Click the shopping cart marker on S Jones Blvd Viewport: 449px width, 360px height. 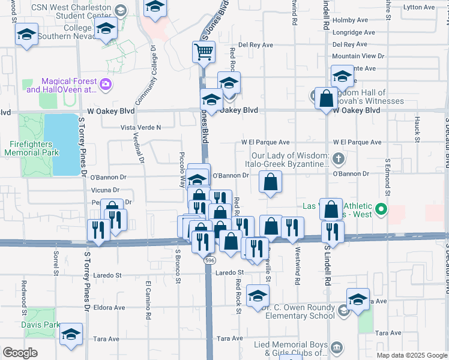pos(203,53)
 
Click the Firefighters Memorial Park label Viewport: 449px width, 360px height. pos(40,148)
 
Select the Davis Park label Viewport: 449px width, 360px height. pos(41,325)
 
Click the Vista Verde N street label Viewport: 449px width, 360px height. pos(142,127)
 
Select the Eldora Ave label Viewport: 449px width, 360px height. pos(111,307)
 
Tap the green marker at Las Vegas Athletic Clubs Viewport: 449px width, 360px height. pos(380,211)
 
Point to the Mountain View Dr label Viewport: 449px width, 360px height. pos(358,56)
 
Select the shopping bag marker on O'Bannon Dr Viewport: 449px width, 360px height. pos(270,182)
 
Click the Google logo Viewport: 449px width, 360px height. pos(20,353)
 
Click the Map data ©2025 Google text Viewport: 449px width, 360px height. pos(412,355)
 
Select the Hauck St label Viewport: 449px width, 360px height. pos(416,125)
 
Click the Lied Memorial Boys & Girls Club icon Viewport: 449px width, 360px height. pos(336,347)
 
